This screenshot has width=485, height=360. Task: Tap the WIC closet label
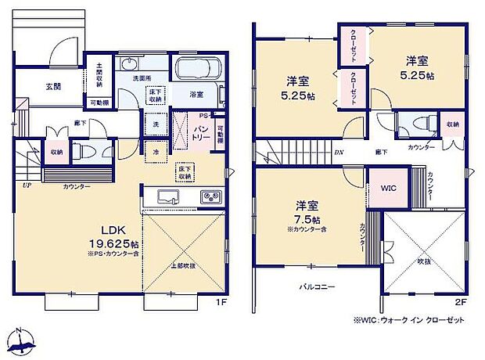point(388,189)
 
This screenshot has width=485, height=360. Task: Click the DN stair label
point(339,153)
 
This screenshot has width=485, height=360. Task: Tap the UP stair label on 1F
point(27,185)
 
